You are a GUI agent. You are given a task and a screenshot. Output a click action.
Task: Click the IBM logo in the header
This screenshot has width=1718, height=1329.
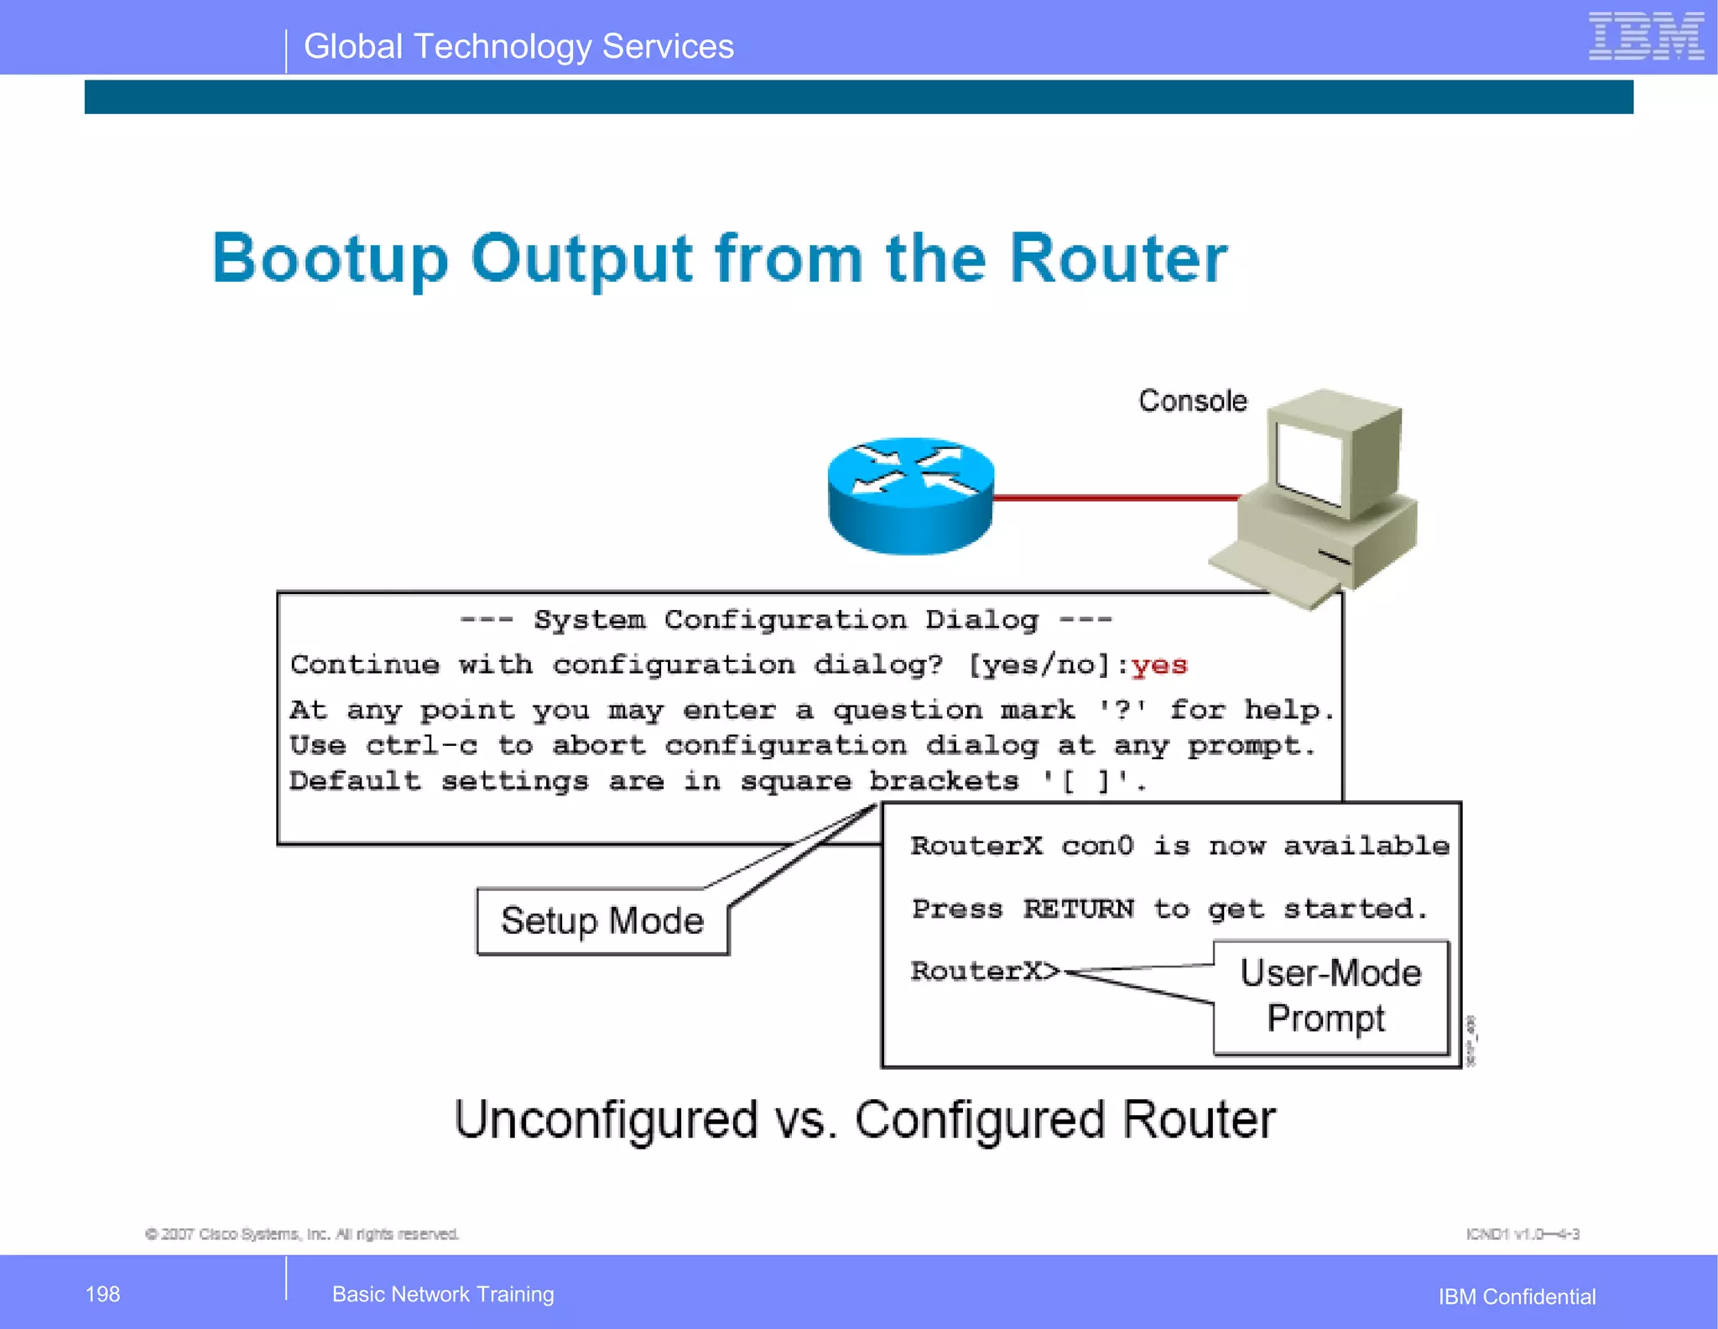click(1646, 37)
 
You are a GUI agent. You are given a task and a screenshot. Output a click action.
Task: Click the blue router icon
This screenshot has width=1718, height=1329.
click(910, 495)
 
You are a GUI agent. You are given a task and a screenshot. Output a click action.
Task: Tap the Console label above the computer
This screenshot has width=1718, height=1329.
click(1192, 401)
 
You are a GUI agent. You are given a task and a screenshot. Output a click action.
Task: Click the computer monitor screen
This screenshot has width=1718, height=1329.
click(1309, 463)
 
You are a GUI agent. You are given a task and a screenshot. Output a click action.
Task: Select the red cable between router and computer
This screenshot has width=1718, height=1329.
click(1116, 498)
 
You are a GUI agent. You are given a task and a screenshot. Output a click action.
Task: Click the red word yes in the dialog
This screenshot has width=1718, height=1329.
click(1159, 665)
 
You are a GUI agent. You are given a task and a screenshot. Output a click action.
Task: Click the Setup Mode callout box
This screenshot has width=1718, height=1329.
click(602, 921)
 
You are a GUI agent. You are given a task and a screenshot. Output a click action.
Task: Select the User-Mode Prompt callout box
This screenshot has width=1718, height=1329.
click(1330, 996)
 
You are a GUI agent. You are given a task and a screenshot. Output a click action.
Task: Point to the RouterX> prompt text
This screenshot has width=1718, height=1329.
click(985, 971)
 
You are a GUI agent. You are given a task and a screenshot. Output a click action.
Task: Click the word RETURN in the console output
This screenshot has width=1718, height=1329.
click(1077, 909)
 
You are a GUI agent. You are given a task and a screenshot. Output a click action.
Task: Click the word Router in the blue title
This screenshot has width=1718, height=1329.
click(1117, 258)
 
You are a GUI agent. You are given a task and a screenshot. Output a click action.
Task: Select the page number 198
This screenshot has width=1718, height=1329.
click(102, 1294)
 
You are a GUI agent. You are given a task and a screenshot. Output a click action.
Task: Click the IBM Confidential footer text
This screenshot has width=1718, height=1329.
click(1517, 1296)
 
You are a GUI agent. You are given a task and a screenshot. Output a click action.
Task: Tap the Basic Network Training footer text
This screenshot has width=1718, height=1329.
click(443, 1294)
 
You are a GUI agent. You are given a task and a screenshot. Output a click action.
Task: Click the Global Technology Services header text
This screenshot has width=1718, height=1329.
click(518, 47)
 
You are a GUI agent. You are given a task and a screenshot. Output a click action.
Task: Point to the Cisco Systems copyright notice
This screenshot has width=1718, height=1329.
click(302, 1233)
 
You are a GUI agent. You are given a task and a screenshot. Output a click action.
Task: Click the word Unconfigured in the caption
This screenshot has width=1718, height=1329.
click(606, 1120)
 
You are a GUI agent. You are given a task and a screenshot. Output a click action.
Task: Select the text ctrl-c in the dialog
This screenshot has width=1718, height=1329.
click(421, 746)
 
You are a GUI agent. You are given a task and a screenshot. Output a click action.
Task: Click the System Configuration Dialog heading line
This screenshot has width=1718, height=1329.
click(786, 620)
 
